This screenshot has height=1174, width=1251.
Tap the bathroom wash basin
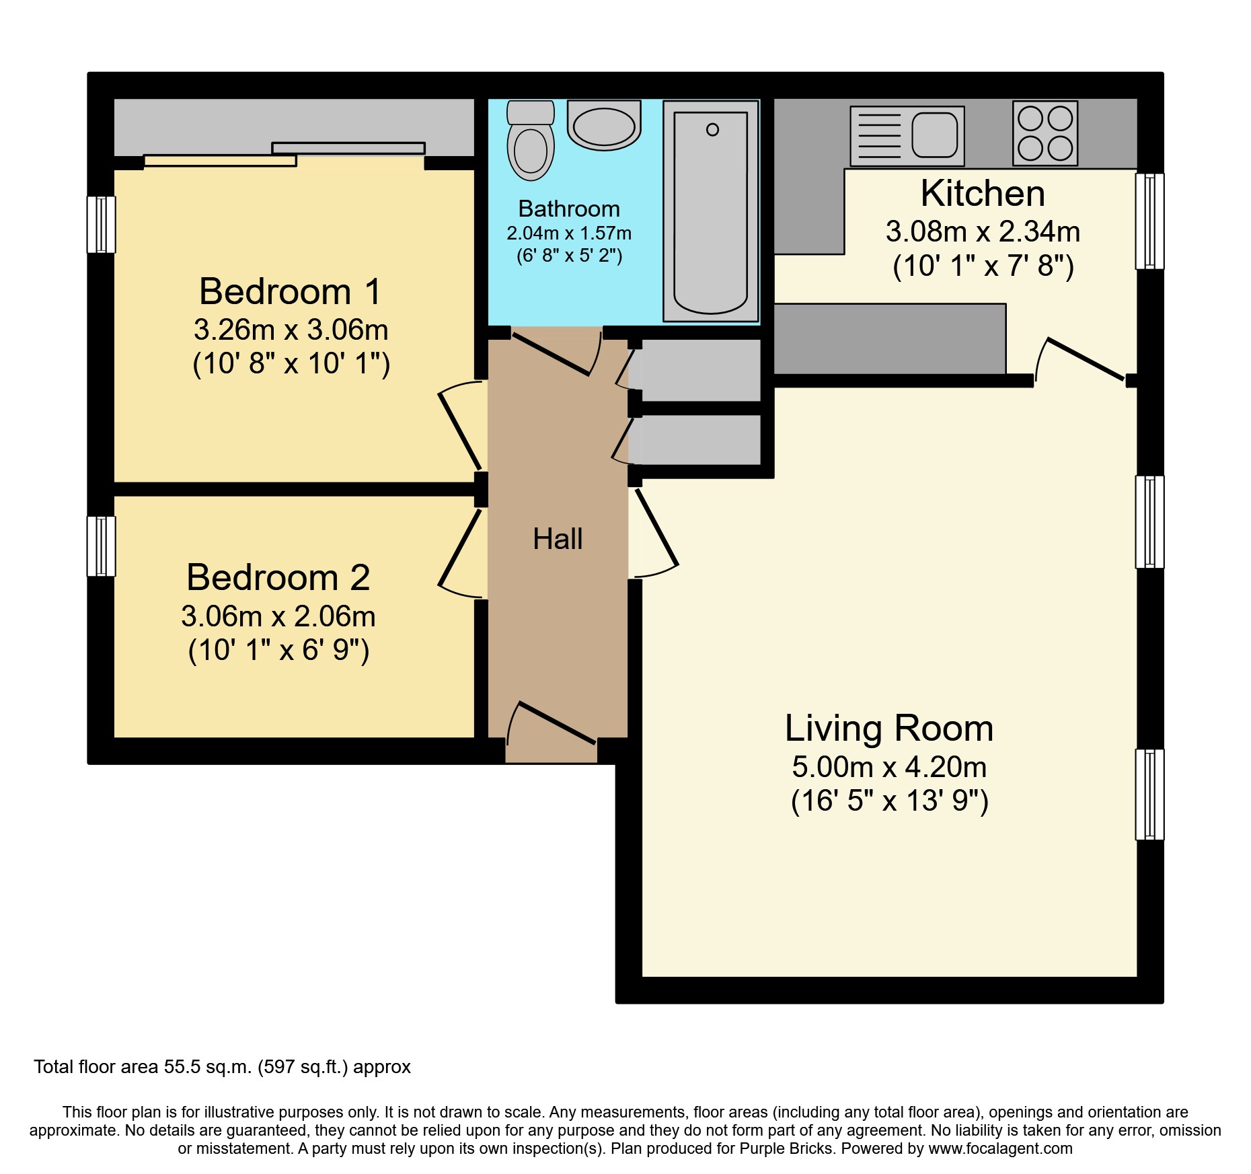coord(604,125)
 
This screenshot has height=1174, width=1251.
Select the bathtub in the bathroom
coord(711,211)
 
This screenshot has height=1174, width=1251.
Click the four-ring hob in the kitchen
coord(1045,133)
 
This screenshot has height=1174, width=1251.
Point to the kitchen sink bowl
coord(934,134)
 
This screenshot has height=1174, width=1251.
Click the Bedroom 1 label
coord(291,291)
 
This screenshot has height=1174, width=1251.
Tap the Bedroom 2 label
coord(278,577)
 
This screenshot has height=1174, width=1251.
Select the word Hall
coord(558,539)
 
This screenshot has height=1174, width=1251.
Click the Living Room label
coord(889,729)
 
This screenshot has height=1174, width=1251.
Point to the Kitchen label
coord(983,194)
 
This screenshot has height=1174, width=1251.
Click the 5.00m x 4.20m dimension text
coord(889,767)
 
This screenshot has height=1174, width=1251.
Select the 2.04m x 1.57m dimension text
coord(569,233)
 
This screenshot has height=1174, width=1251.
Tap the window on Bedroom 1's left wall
coord(102,225)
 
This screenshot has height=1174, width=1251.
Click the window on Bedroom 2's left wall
coord(102,546)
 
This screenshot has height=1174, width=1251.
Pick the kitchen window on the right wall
coord(1149,221)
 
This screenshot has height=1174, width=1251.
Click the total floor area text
coord(222,1067)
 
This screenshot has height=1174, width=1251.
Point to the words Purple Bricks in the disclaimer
coord(786,1149)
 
